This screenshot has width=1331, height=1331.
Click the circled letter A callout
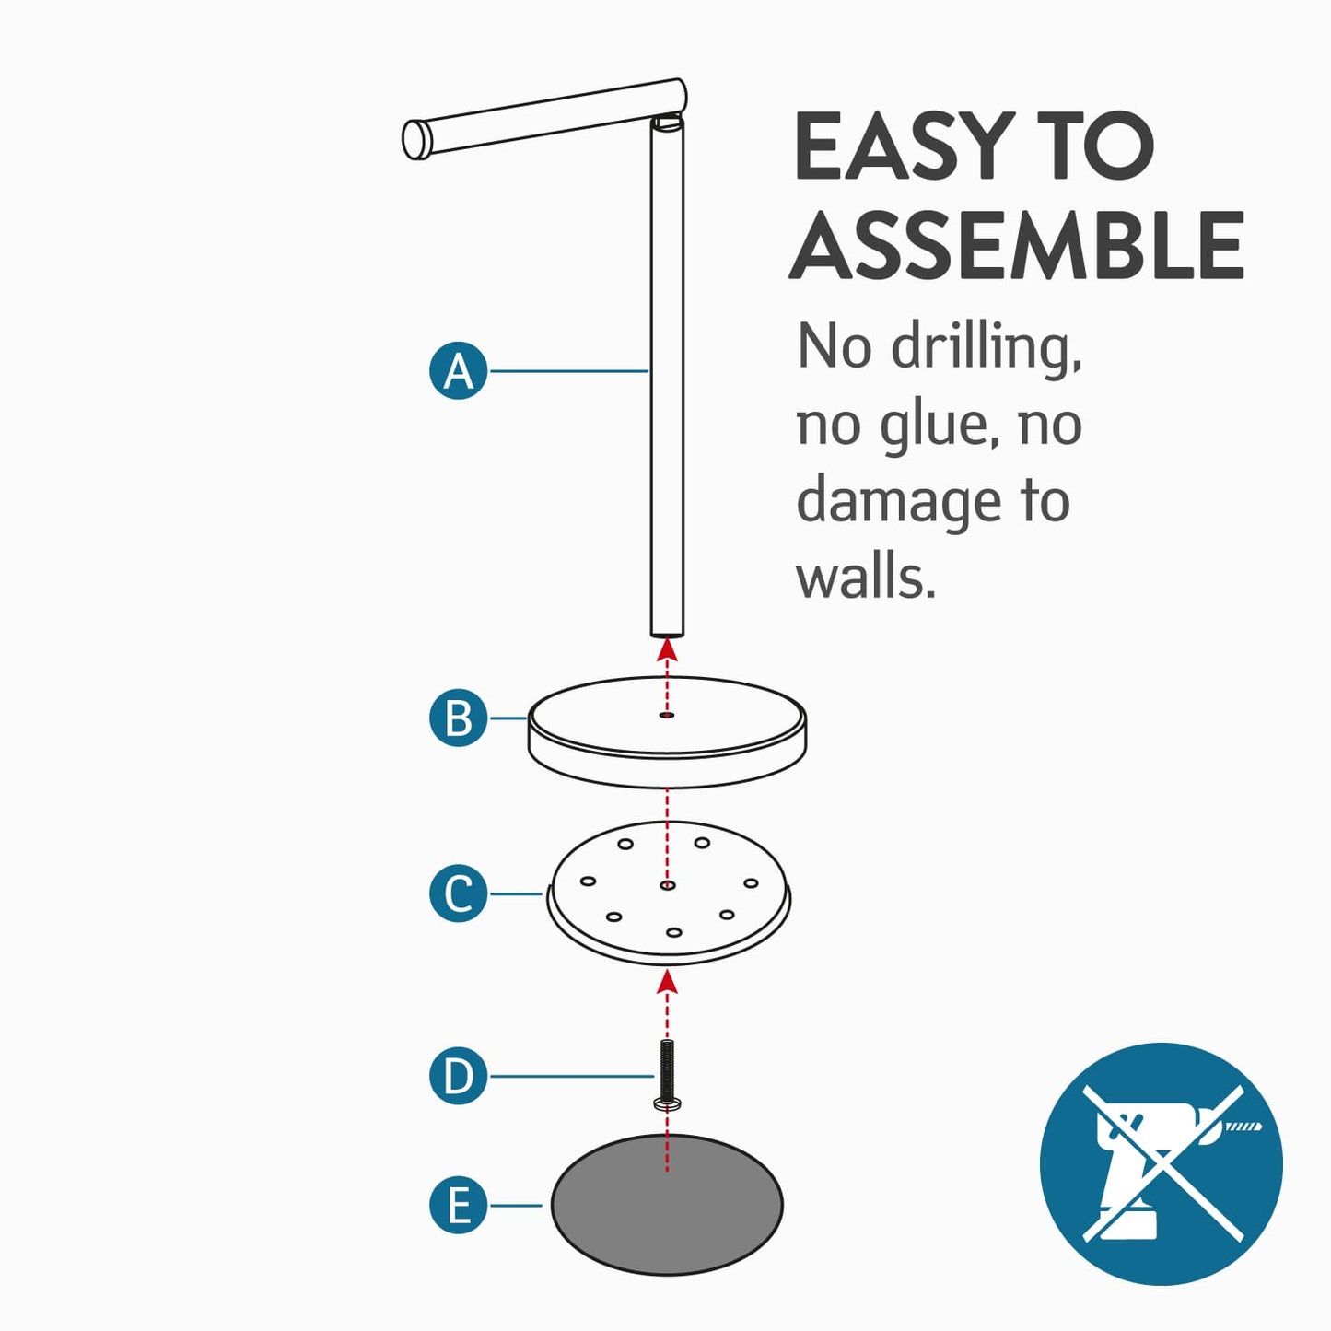tap(459, 371)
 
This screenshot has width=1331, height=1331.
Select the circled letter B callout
tap(459, 718)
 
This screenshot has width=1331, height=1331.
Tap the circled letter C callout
tap(459, 893)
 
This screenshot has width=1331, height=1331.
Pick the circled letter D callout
tap(459, 1076)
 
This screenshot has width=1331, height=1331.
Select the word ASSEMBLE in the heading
tap(1016, 245)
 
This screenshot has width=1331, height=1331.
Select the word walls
tap(866, 576)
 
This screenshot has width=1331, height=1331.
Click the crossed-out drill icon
tap(1162, 1164)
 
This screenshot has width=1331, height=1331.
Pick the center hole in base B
tap(667, 716)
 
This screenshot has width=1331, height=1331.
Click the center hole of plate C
tap(667, 885)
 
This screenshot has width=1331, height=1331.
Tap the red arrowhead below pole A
tap(667, 650)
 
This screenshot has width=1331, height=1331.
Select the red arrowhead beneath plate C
tap(667, 982)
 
